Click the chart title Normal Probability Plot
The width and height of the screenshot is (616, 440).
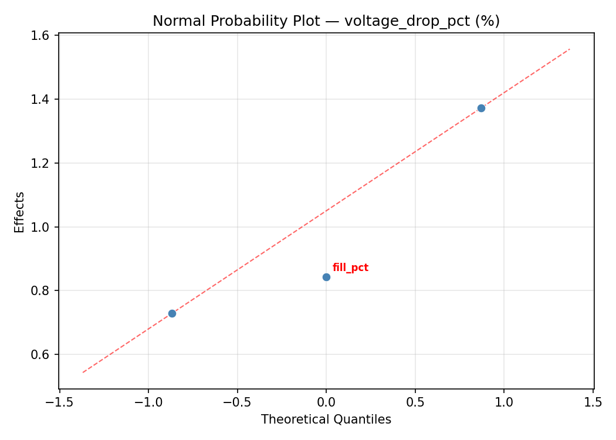tap(326, 21)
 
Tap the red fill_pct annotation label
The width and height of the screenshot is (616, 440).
tap(350, 268)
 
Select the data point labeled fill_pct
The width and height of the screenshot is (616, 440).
tap(326, 277)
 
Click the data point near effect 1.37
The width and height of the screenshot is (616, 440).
tap(481, 108)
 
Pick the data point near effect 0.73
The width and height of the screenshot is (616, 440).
tap(172, 313)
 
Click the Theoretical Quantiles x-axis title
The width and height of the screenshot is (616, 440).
tap(326, 420)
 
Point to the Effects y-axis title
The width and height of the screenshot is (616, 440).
tap(20, 212)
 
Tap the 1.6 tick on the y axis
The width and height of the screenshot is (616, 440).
tap(45, 36)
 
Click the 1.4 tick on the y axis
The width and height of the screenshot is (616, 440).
tap(45, 100)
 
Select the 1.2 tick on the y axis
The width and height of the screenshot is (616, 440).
tap(45, 164)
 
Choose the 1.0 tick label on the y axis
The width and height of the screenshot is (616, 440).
tap(45, 228)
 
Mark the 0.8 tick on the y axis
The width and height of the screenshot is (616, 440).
tap(45, 291)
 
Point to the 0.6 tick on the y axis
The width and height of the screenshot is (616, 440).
tap(45, 355)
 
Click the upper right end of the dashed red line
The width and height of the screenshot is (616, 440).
tap(569, 49)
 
